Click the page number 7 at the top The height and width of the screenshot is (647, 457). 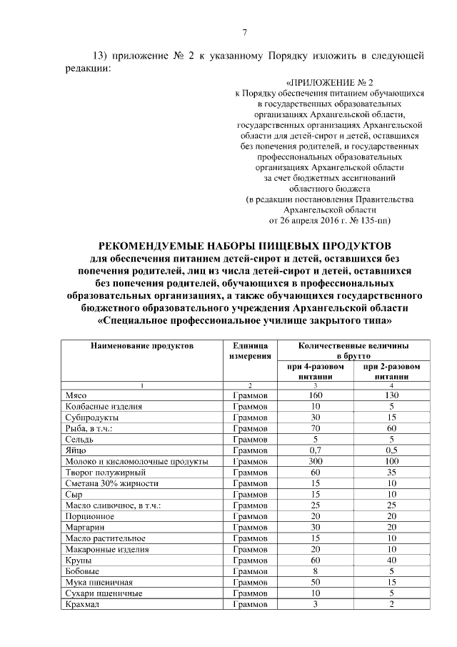click(244, 32)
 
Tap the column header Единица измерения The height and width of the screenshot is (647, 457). click(249, 350)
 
